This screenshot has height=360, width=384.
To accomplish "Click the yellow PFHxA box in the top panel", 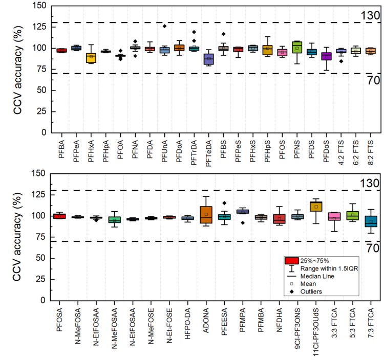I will [x=91, y=58].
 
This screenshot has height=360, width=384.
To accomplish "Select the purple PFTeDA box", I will [x=208, y=59].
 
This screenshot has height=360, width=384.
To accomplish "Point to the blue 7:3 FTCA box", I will [x=371, y=221].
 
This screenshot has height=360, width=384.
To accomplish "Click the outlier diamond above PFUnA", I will [x=164, y=26].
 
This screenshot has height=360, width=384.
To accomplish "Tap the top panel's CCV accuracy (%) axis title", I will [x=18, y=70].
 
